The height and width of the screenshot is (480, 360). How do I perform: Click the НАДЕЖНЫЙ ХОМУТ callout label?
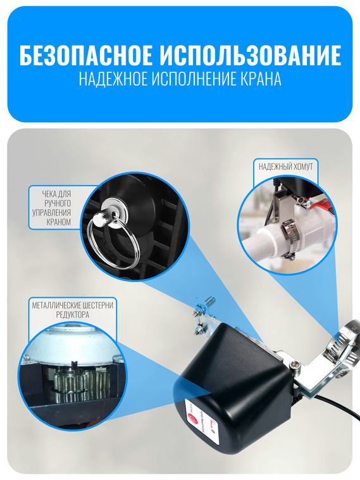285,167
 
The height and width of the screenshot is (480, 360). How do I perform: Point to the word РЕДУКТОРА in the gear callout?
72,314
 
